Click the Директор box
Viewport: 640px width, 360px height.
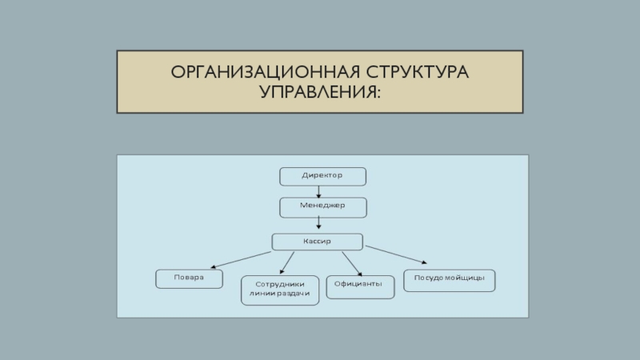tap(322, 175)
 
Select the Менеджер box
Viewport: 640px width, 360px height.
tap(322, 207)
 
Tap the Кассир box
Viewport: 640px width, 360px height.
tap(317, 241)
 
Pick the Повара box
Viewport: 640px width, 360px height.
tap(189, 278)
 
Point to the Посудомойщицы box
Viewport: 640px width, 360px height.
tap(450, 280)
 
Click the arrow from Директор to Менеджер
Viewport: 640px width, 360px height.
tap(319, 191)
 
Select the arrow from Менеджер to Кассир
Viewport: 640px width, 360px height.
tap(319, 225)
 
